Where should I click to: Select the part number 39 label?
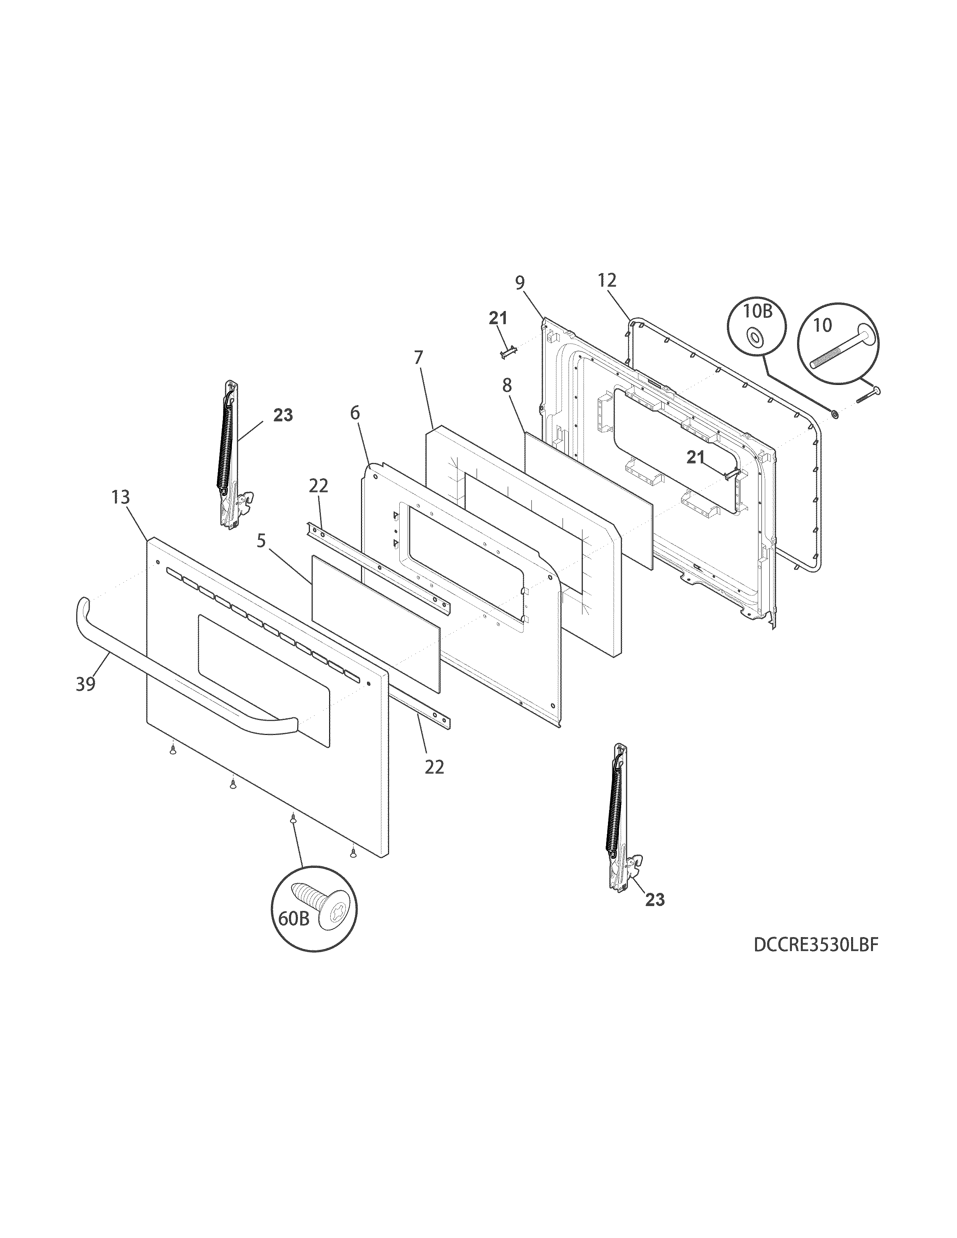(x=86, y=684)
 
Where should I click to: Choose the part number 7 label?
(x=418, y=358)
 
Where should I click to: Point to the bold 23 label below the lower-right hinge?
(x=655, y=900)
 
